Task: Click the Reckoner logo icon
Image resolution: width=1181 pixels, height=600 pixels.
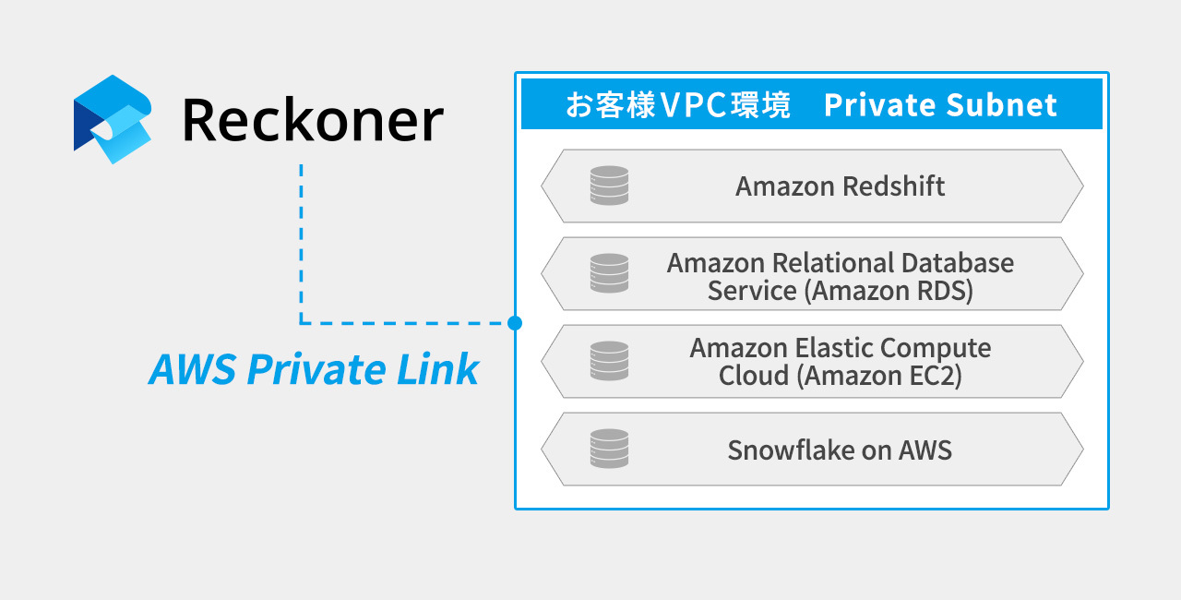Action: (113, 120)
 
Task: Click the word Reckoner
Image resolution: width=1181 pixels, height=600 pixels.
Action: (313, 120)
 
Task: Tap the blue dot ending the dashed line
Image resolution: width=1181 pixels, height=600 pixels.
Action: (515, 323)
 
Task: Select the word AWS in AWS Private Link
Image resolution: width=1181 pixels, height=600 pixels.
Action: (193, 369)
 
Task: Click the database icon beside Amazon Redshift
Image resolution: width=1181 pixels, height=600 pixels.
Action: (610, 186)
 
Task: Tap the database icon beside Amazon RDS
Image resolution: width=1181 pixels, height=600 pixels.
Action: (610, 273)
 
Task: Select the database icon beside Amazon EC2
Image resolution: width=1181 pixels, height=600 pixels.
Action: (610, 361)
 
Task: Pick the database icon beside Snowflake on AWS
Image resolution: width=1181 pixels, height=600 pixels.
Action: (610, 449)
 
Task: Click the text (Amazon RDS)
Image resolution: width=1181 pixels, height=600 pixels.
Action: (889, 291)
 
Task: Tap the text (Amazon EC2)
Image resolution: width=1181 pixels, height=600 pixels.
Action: (879, 376)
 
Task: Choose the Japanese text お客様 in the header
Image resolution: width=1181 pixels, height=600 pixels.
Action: (610, 104)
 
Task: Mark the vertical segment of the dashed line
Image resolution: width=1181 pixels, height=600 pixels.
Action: (301, 244)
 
